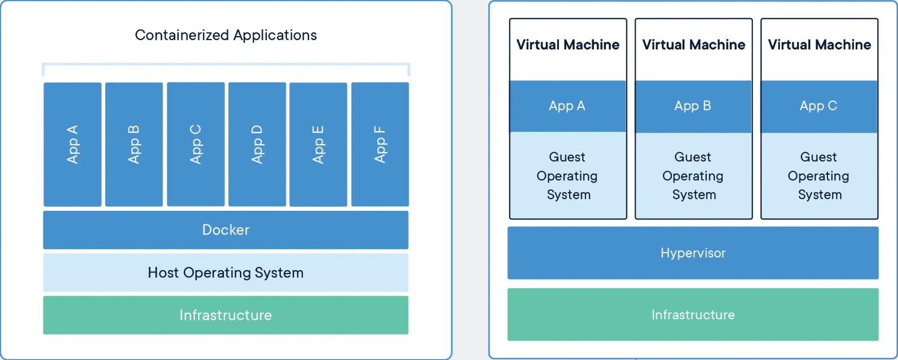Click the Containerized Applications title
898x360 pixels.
pyautogui.click(x=225, y=35)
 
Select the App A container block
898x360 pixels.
pyautogui.click(x=72, y=144)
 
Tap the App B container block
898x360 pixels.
pyautogui.click(x=134, y=144)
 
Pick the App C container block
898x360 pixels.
pyautogui.click(x=196, y=144)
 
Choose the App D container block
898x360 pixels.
pyautogui.click(x=257, y=144)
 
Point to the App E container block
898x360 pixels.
pyautogui.click(x=318, y=144)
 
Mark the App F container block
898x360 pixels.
pyautogui.click(x=380, y=144)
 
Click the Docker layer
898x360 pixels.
pyautogui.click(x=225, y=230)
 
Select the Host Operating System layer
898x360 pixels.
pyautogui.click(x=225, y=272)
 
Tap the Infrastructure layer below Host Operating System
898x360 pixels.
pyautogui.click(x=225, y=315)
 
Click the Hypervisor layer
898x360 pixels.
pyautogui.click(x=693, y=253)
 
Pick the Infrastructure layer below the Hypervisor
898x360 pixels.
pyautogui.click(x=693, y=315)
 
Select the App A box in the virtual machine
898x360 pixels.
pyautogui.click(x=567, y=106)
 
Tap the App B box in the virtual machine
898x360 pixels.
pyautogui.click(x=693, y=106)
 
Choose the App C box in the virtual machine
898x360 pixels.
pyautogui.click(x=819, y=106)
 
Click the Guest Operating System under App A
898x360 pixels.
pyautogui.click(x=567, y=176)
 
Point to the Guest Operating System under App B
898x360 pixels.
pyautogui.click(x=693, y=176)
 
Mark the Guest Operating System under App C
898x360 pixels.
pyautogui.click(x=819, y=176)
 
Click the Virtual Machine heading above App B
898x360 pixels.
pyautogui.click(x=693, y=45)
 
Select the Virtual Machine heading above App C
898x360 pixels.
pyautogui.click(x=819, y=45)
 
